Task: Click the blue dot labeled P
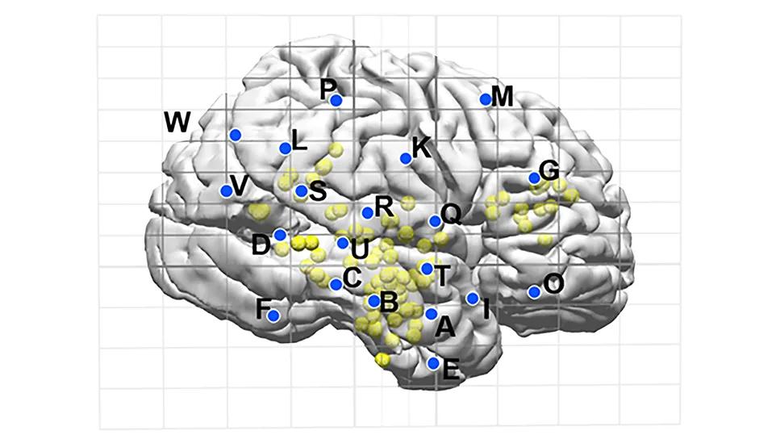tap(336, 101)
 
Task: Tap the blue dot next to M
tap(486, 99)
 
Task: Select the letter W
tap(177, 123)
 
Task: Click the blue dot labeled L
tap(285, 148)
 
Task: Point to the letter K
tap(421, 147)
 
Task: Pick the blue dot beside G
tap(534, 178)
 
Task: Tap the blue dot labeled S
tap(301, 191)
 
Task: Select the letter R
tap(384, 206)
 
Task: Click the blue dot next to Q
tap(435, 221)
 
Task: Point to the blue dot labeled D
tap(280, 235)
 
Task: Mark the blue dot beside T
tap(427, 269)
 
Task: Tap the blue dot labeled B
tap(373, 301)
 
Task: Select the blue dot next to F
tap(273, 316)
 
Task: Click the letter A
tap(444, 327)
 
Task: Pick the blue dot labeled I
tap(473, 299)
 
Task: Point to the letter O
tap(553, 283)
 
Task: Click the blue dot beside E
tap(434, 363)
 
